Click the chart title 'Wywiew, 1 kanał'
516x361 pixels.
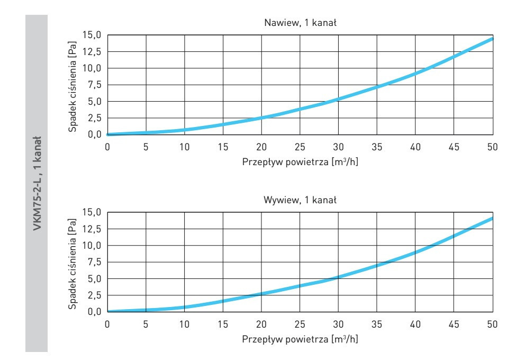(x=300, y=200)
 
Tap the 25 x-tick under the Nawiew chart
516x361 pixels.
(x=300, y=146)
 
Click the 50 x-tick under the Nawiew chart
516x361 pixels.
(x=492, y=146)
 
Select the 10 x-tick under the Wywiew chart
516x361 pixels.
(x=184, y=323)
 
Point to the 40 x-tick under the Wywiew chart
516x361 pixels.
(x=415, y=323)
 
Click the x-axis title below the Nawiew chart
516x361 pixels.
(x=300, y=160)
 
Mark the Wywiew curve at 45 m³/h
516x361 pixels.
(x=454, y=234)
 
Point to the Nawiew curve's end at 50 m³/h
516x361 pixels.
(x=492, y=39)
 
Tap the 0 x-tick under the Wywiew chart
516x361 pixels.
(x=107, y=323)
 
